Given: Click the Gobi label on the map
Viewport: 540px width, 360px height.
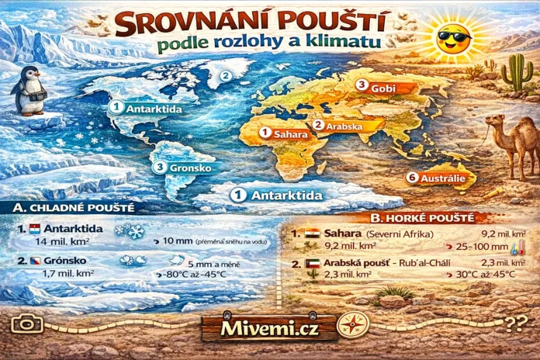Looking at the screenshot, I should tap(379, 88).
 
